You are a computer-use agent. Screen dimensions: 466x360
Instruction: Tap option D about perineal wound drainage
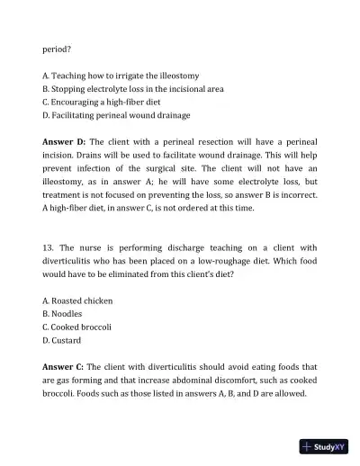tap(116, 114)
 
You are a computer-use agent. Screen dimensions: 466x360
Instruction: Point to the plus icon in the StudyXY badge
tap(308, 446)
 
